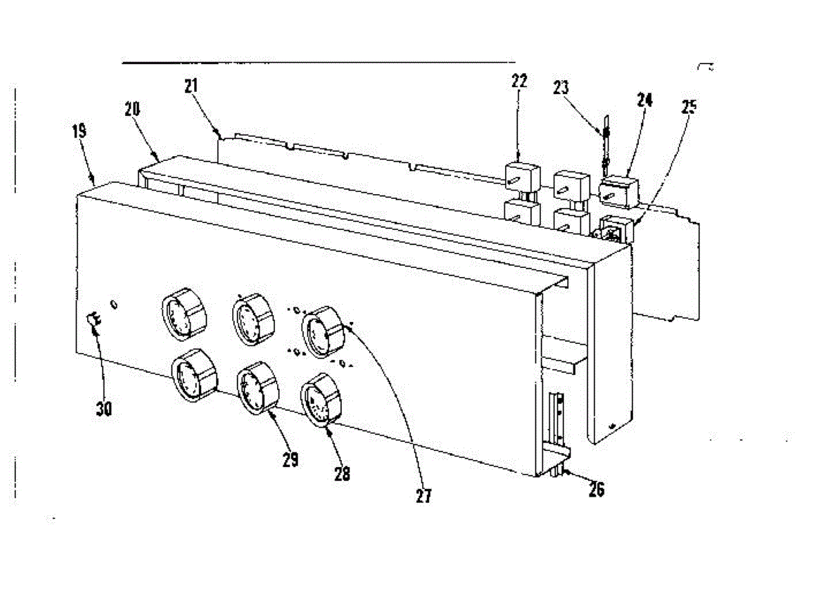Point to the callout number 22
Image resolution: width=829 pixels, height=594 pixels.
[x=519, y=81]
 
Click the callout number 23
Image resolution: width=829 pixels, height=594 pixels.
[x=561, y=88]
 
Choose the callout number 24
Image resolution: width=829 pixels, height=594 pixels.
[x=645, y=99]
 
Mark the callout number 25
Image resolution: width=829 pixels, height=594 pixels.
[x=688, y=106]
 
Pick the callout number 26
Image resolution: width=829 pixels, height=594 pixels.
[x=596, y=489]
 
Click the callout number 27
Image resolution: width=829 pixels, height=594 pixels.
[x=423, y=495]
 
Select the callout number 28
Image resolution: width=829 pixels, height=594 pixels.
[x=341, y=474]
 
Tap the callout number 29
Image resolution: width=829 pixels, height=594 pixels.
[x=290, y=459]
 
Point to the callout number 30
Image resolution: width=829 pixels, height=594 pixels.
[x=104, y=409]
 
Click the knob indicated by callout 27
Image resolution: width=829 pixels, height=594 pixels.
[x=323, y=333]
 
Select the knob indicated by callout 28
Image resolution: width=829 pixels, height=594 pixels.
[x=321, y=400]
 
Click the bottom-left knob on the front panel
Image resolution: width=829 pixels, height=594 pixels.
[x=191, y=374]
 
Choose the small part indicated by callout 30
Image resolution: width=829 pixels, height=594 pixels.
[x=94, y=318]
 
